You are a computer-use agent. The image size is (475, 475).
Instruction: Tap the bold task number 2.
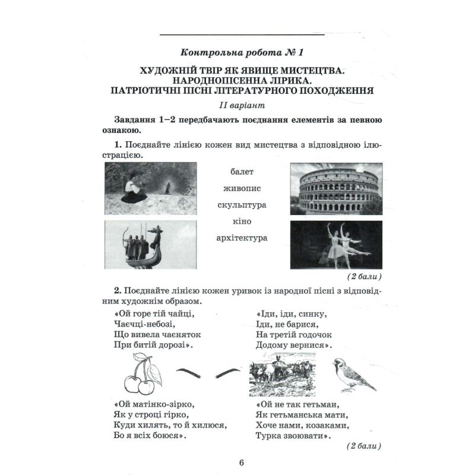pos(118,289)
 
